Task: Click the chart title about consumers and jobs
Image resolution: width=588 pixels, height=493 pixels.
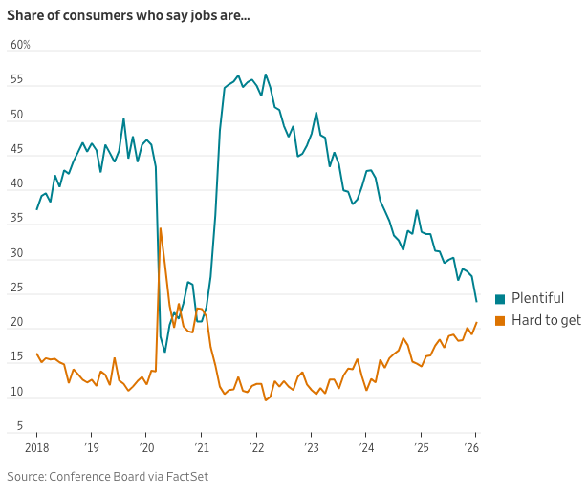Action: click(x=128, y=14)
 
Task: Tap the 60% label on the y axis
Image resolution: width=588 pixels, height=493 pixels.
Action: click(x=21, y=45)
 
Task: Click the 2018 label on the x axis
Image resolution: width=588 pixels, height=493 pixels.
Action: click(x=36, y=447)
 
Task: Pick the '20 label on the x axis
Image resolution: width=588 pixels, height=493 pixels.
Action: click(x=146, y=447)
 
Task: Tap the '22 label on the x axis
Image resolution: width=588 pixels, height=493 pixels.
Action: click(x=256, y=447)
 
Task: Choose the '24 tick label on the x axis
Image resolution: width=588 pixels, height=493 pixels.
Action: click(x=366, y=447)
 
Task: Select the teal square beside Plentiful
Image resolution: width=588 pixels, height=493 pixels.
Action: click(x=500, y=299)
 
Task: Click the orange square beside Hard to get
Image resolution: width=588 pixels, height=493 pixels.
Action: click(x=500, y=320)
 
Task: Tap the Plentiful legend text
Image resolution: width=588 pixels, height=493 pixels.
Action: click(x=537, y=298)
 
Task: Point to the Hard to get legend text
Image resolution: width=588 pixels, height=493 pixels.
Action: click(x=546, y=320)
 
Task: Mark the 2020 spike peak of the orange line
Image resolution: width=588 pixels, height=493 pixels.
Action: click(x=161, y=228)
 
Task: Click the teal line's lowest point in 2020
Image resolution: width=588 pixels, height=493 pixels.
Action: click(x=164, y=352)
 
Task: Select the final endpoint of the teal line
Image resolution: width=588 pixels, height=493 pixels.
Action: click(x=476, y=301)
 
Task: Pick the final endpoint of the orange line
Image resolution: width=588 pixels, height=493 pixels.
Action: click(x=476, y=323)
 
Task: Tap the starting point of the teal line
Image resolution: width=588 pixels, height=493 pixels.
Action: click(x=37, y=208)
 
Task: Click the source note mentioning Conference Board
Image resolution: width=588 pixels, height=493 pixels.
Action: click(x=107, y=476)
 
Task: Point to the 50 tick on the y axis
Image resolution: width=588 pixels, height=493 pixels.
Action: click(x=17, y=116)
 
